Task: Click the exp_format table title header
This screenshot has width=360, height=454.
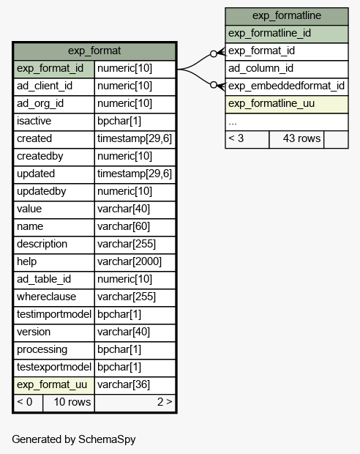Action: pos(94,51)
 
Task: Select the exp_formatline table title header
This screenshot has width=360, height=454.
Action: pos(287,16)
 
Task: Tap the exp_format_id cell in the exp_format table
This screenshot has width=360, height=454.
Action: pos(54,69)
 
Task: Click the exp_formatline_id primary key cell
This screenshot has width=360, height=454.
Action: pos(287,34)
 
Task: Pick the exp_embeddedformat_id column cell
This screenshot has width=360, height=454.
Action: pos(287,86)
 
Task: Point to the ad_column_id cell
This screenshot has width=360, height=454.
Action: pos(287,69)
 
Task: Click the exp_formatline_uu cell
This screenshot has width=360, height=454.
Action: pos(287,104)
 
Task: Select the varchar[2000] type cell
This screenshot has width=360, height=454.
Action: pos(135,262)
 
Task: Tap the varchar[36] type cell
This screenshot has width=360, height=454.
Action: pos(135,385)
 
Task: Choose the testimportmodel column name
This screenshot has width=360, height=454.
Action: pos(54,314)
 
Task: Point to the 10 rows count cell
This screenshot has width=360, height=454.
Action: pos(69,403)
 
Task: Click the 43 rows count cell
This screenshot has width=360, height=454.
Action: pos(296,139)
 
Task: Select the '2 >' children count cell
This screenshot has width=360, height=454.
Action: pos(135,403)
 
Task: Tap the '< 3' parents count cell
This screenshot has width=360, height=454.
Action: pos(247,139)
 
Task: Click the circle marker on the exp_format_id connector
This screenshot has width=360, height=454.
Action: pos(214,54)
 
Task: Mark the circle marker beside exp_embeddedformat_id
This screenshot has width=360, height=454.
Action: pos(214,85)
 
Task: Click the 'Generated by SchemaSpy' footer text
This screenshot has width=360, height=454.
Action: pos(73,439)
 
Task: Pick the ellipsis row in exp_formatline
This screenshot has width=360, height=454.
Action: pos(287,122)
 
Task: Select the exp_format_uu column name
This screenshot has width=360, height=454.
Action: pos(52,384)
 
